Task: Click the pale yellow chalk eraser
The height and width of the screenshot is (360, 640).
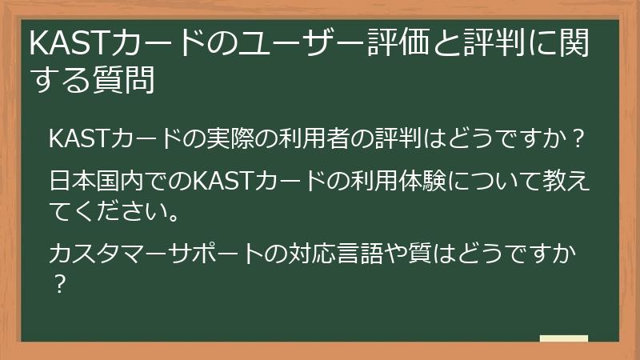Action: pyautogui.click(x=563, y=339)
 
